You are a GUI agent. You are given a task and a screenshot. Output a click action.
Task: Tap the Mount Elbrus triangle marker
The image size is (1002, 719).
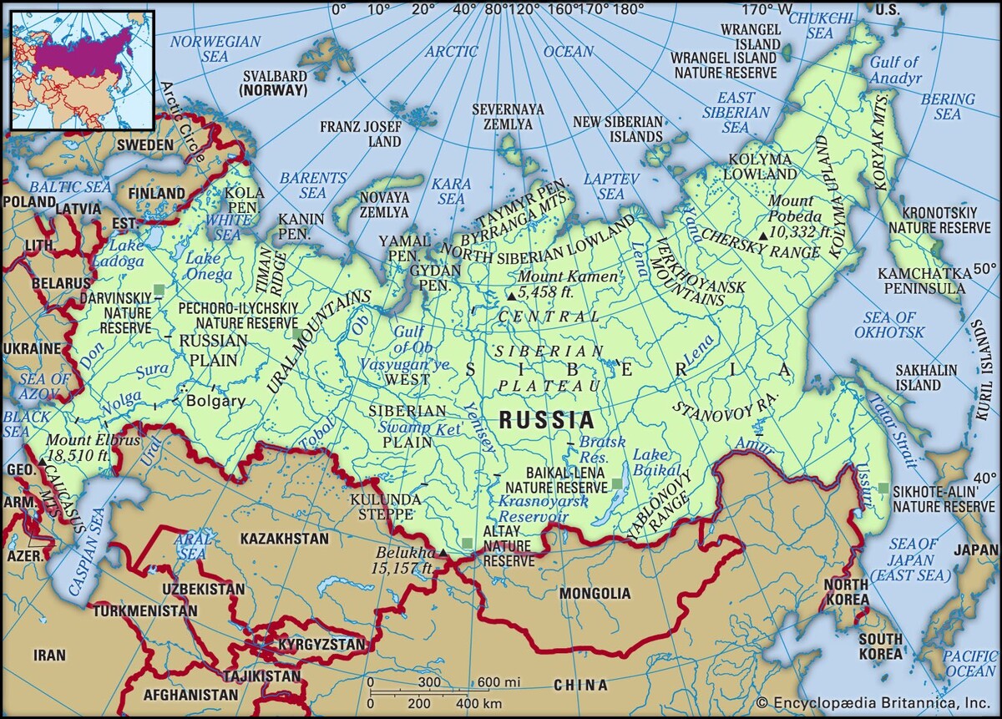[x=42, y=462]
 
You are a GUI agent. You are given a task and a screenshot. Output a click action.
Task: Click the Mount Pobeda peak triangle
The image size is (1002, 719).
[x=763, y=235]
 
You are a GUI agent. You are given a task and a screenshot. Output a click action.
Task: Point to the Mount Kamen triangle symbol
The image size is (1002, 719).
[x=511, y=296]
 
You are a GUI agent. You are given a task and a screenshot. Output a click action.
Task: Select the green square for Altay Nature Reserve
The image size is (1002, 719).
[x=468, y=544]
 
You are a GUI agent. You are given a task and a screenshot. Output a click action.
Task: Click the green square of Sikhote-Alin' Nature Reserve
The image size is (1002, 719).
[x=883, y=488]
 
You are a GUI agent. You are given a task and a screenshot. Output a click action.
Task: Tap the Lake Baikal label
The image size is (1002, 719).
[x=650, y=463]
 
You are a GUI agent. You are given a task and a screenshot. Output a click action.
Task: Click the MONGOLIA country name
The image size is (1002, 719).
[x=595, y=594]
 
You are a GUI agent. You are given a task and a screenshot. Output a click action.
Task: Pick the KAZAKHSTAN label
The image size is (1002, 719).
[x=284, y=539]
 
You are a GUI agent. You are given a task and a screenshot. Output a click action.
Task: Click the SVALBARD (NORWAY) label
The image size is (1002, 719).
[x=273, y=82]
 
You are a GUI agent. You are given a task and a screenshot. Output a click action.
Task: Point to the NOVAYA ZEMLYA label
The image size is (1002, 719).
[x=384, y=205]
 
